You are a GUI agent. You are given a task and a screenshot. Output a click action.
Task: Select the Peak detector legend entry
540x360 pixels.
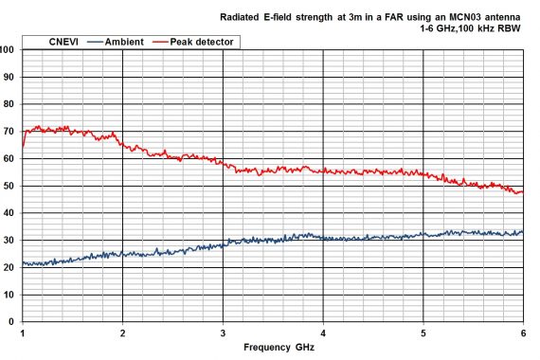(203, 42)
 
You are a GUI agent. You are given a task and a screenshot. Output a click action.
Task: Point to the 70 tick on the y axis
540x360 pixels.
(9, 132)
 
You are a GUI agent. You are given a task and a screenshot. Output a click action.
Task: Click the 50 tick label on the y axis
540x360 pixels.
(9, 186)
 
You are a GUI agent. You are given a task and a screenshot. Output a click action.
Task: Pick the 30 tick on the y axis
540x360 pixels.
(9, 241)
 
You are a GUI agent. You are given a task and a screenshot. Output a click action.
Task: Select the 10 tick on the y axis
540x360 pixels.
(9, 295)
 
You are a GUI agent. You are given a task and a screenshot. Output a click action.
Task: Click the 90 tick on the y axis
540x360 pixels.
(9, 77)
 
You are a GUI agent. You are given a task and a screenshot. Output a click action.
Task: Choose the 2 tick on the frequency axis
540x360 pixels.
(123, 333)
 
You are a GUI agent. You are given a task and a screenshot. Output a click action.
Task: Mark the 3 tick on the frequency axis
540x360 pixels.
(223, 333)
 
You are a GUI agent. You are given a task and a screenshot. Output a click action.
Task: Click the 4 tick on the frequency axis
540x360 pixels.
(323, 333)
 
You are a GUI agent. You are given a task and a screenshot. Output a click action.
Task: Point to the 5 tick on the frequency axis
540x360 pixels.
(423, 333)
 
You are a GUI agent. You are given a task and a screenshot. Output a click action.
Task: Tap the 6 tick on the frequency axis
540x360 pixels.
(523, 333)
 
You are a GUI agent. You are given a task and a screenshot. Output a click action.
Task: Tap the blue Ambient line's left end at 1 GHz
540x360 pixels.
(23, 263)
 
